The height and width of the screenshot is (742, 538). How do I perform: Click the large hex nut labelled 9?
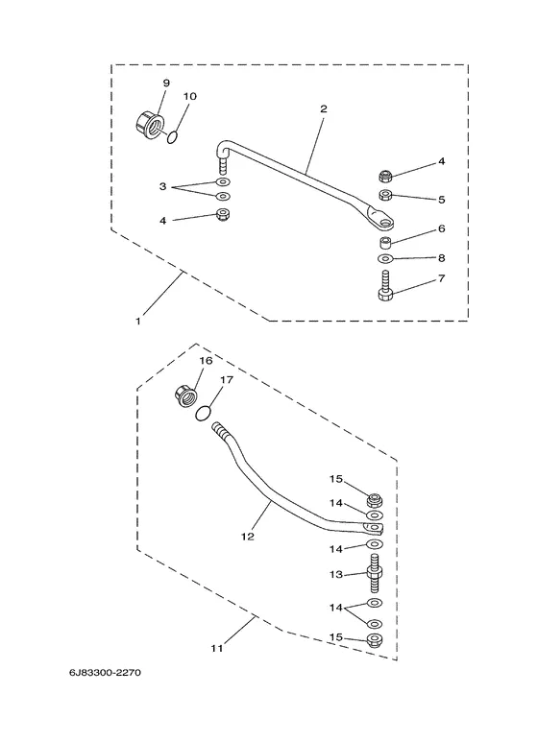click(x=148, y=125)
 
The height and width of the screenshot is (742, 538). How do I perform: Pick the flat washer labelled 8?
click(x=386, y=259)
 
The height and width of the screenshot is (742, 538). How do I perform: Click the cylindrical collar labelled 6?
click(x=386, y=243)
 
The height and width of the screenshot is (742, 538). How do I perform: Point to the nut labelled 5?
click(x=386, y=194)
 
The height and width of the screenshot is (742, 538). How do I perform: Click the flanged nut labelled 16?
click(x=183, y=394)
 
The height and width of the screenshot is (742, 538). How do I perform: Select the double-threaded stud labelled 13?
click(x=374, y=572)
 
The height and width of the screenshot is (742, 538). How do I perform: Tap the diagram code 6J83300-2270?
click(x=105, y=672)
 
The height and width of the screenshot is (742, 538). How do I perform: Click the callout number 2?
click(x=324, y=108)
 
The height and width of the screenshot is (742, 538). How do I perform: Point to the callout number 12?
click(x=247, y=537)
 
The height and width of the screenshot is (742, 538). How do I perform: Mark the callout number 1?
click(x=138, y=322)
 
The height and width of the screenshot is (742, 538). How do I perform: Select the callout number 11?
click(x=216, y=648)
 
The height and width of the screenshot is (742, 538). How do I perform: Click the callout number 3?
click(x=163, y=186)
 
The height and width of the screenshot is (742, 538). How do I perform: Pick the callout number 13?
click(x=336, y=574)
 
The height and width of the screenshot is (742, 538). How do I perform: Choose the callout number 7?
click(x=441, y=278)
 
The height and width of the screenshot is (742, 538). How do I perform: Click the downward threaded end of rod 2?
click(x=223, y=167)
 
